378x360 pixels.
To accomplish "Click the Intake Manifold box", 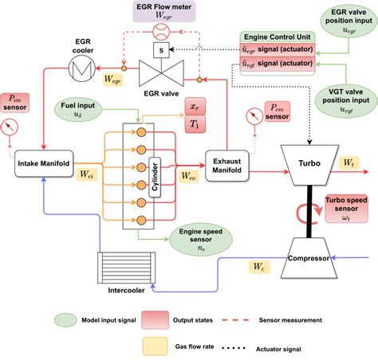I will (x=45, y=165).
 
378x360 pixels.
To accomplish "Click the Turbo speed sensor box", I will (x=348, y=208).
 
